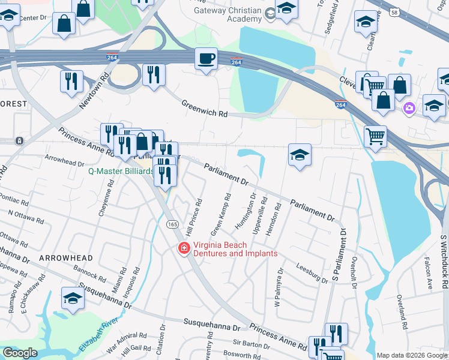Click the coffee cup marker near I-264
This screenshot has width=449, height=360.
tap(206, 59)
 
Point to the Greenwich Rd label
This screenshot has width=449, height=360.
tap(205, 109)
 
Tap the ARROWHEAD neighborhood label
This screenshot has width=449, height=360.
tap(66, 258)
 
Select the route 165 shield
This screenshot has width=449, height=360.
tap(172, 224)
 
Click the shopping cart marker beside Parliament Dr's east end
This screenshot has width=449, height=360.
tap(375, 136)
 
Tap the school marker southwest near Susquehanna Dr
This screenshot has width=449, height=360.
tap(73, 298)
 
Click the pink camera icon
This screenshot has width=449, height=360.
tap(409, 108)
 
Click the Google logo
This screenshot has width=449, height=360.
tap(19, 353)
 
